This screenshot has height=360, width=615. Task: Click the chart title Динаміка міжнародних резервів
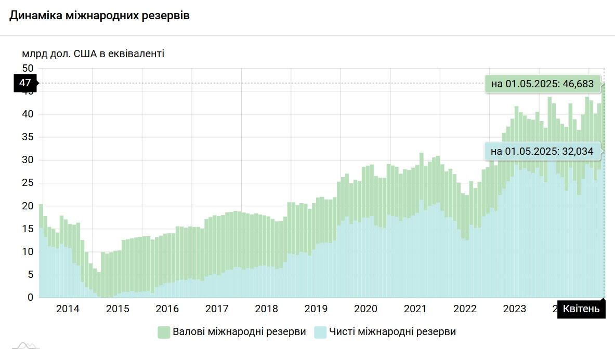(x=99, y=16)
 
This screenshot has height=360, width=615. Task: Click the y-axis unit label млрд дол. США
(x=93, y=54)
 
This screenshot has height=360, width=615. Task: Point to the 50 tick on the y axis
(x=28, y=69)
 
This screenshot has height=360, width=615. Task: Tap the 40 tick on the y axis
(x=28, y=114)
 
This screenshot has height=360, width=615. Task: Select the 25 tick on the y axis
(x=28, y=183)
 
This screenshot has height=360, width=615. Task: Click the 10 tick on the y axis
(x=28, y=252)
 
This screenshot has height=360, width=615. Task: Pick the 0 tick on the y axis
(x=30, y=298)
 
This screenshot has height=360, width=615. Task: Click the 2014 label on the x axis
(x=68, y=309)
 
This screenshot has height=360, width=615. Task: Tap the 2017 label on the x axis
(x=217, y=309)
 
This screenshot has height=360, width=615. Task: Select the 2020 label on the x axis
(x=365, y=309)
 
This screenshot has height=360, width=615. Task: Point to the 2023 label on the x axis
(x=515, y=309)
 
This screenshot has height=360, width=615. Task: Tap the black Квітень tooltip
(x=581, y=310)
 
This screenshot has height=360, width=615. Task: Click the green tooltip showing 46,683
(x=542, y=84)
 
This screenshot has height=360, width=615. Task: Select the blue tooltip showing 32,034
(x=542, y=152)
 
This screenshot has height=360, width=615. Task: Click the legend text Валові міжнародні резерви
(x=239, y=332)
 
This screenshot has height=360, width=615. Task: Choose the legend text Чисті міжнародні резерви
(x=392, y=332)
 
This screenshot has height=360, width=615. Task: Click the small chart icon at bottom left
(x=26, y=345)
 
